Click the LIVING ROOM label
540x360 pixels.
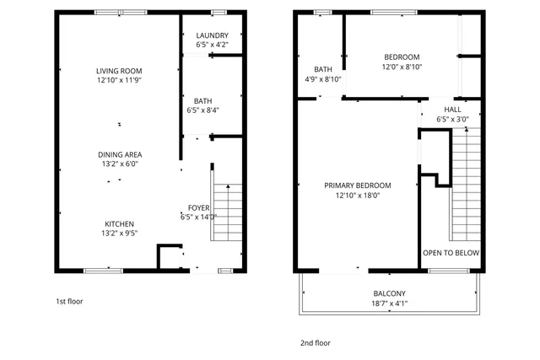coord(118,71)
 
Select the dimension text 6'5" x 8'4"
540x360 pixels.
coord(202,110)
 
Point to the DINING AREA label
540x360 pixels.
coord(120,154)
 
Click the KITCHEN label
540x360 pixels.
coord(119,224)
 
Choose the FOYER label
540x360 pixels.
coord(199,207)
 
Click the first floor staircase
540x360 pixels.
coord(226,215)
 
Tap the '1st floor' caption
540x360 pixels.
coord(69,301)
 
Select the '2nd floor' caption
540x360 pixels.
coord(316,343)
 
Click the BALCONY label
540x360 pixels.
coord(390,294)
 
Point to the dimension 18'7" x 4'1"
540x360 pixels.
coord(390,304)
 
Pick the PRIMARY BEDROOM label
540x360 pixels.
coord(358,185)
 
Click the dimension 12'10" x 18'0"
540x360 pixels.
coord(358,195)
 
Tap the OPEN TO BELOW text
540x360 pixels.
coord(451,252)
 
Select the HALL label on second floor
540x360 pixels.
coord(452,110)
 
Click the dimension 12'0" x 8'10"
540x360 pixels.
coord(402,67)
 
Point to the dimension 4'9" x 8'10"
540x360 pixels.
coord(323,79)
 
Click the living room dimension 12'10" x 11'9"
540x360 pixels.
coord(118,81)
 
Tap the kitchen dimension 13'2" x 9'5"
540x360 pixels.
coord(119,234)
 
